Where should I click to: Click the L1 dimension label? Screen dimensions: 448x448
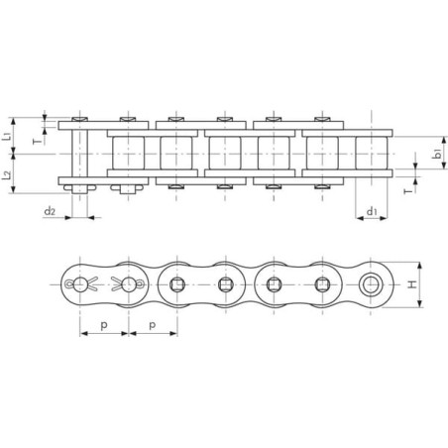[x=7, y=136]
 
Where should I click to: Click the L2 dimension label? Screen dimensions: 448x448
[x=7, y=175]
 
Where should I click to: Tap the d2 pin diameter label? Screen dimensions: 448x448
[x=50, y=211]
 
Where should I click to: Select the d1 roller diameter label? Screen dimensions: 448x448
[x=372, y=211]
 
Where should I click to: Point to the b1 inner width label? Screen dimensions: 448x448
[x=437, y=154]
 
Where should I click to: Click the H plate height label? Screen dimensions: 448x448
[x=412, y=284]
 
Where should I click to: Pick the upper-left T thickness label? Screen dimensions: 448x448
[x=39, y=142]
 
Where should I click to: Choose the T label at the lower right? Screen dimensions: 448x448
[x=408, y=191]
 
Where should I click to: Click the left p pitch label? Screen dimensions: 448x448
[x=104, y=326]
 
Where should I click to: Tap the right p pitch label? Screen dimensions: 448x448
[x=153, y=326]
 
